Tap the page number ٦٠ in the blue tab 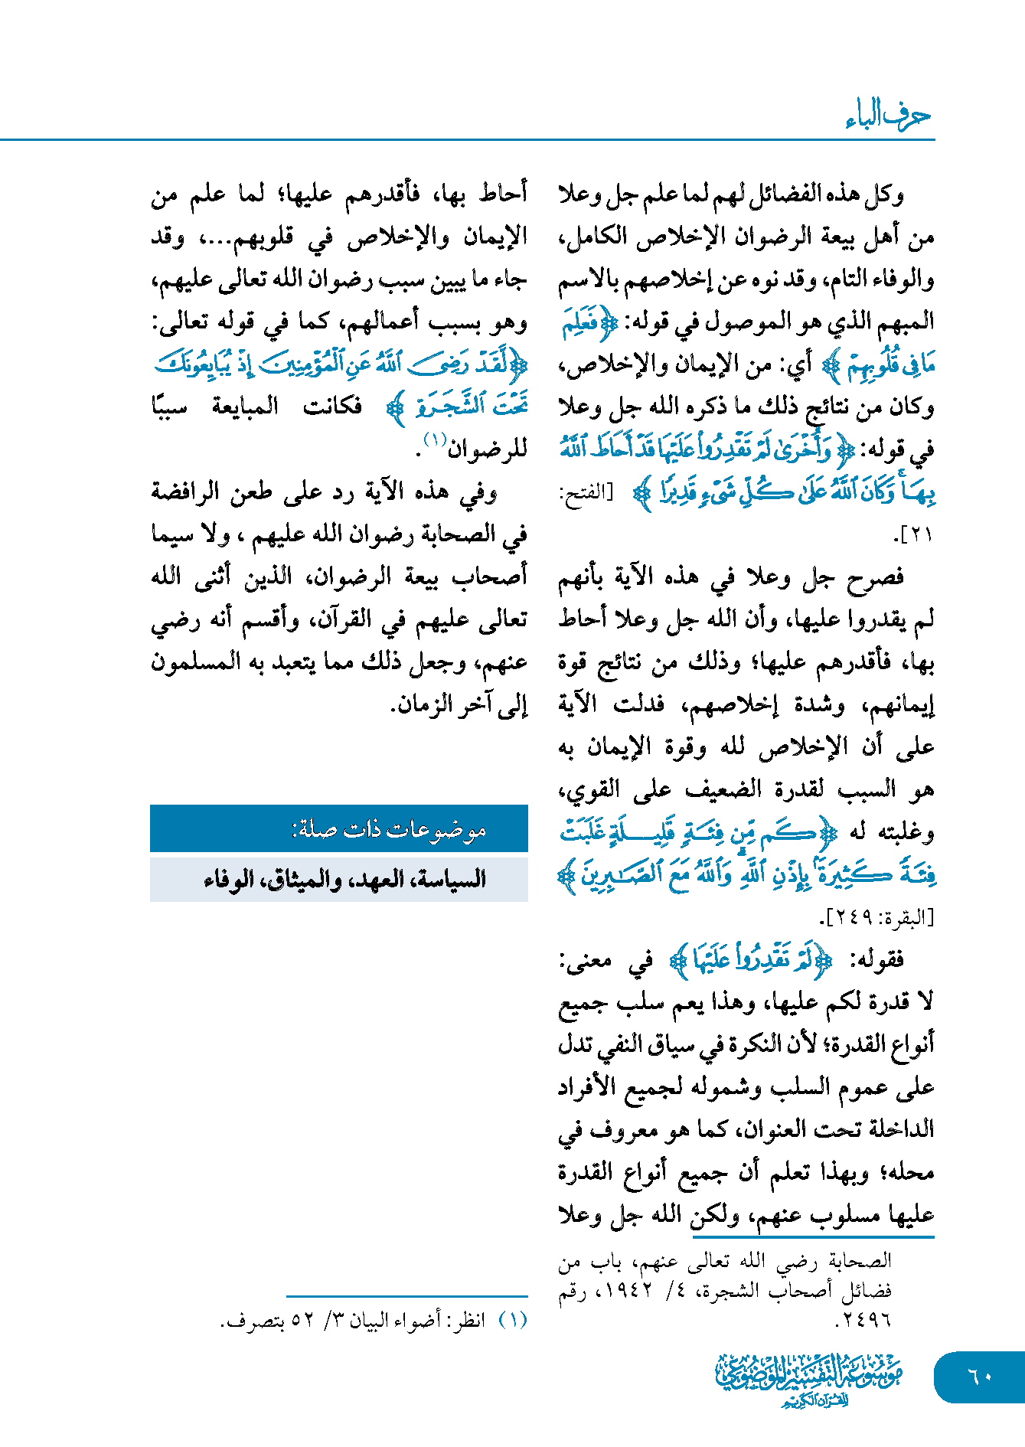coord(980,1376)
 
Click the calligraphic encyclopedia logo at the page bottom coord(808,1379)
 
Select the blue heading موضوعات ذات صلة coord(389,829)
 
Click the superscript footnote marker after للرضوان coord(435,440)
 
